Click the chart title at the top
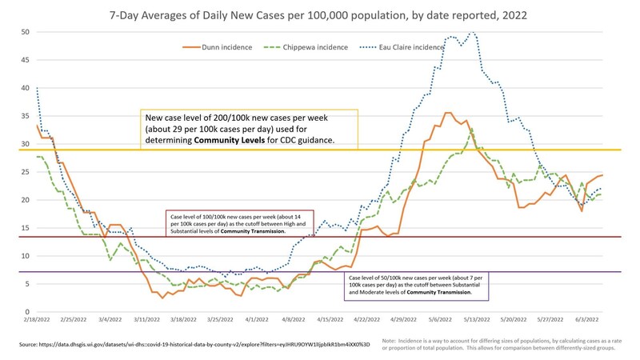(320, 14)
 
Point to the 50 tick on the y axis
(26, 33)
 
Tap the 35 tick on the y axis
(26, 116)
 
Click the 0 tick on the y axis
(28, 312)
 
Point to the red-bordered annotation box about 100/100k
(239, 223)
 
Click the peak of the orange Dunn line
(448, 113)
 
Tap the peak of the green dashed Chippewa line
(472, 129)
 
